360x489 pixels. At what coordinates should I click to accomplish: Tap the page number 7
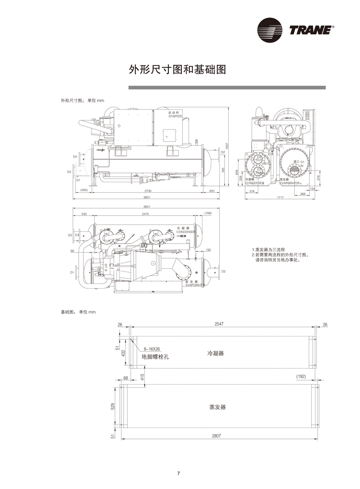[179, 473]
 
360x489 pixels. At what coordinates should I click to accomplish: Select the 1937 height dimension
[227, 145]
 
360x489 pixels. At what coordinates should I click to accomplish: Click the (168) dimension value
[208, 213]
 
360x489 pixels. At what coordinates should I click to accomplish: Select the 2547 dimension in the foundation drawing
[219, 324]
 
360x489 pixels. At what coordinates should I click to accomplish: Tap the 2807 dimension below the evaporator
[219, 436]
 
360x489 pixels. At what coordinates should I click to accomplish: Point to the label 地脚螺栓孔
[155, 357]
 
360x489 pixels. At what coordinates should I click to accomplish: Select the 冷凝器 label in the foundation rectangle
[215, 353]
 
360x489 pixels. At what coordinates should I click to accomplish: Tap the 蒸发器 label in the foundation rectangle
[217, 407]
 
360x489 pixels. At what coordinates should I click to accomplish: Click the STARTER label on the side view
[174, 116]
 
